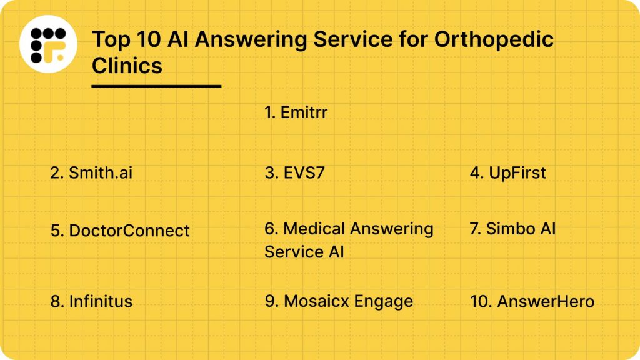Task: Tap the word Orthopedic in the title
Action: click(x=494, y=40)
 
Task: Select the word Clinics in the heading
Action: click(x=127, y=65)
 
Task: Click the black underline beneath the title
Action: click(x=156, y=86)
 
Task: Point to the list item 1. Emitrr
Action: click(x=296, y=112)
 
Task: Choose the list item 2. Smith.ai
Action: click(x=91, y=173)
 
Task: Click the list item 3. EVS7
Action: click(x=294, y=173)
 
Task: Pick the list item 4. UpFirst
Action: click(x=507, y=173)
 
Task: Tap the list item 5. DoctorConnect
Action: click(x=120, y=231)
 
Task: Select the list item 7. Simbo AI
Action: click(x=512, y=229)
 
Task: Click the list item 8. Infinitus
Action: click(x=91, y=301)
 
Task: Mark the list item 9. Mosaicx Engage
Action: click(x=339, y=301)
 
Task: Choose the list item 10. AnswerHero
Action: click(x=532, y=301)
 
